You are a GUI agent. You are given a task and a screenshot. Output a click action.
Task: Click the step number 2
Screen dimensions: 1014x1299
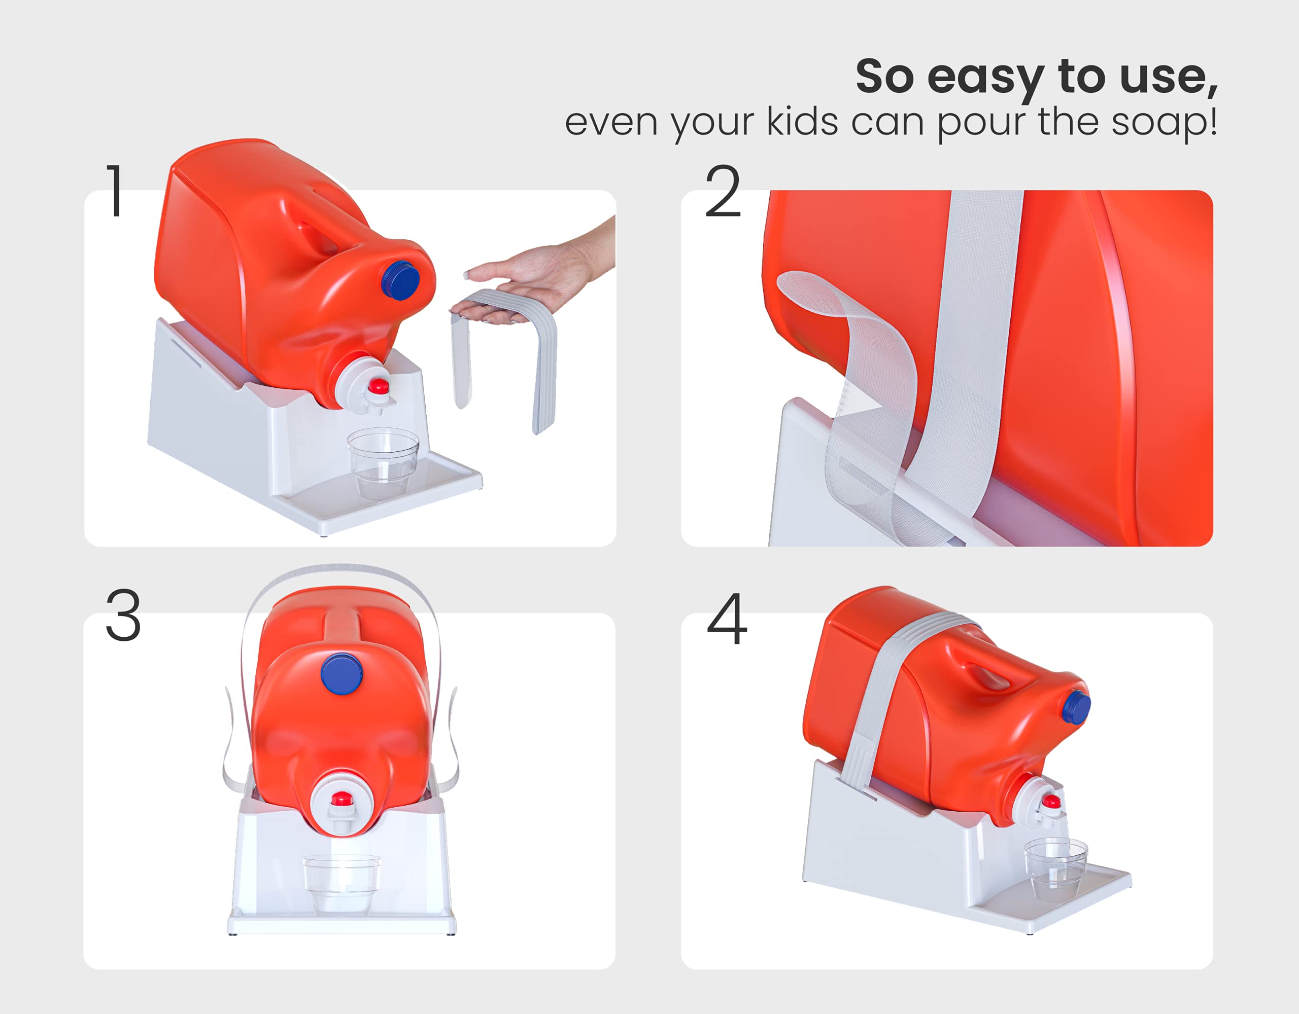pos(723,191)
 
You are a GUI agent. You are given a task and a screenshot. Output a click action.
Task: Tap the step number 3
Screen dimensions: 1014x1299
pos(123,616)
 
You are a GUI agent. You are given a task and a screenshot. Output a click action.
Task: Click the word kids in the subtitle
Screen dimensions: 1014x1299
pos(802,122)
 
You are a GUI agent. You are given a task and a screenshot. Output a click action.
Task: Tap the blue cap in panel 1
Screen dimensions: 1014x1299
pos(401,279)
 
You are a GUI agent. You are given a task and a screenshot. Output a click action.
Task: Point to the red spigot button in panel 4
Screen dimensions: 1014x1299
pos(1051,801)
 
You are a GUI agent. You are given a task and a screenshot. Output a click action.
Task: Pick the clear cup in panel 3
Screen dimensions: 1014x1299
pos(341,882)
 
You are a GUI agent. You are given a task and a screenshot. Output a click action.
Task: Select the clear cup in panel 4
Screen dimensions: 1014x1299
pos(1056,867)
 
